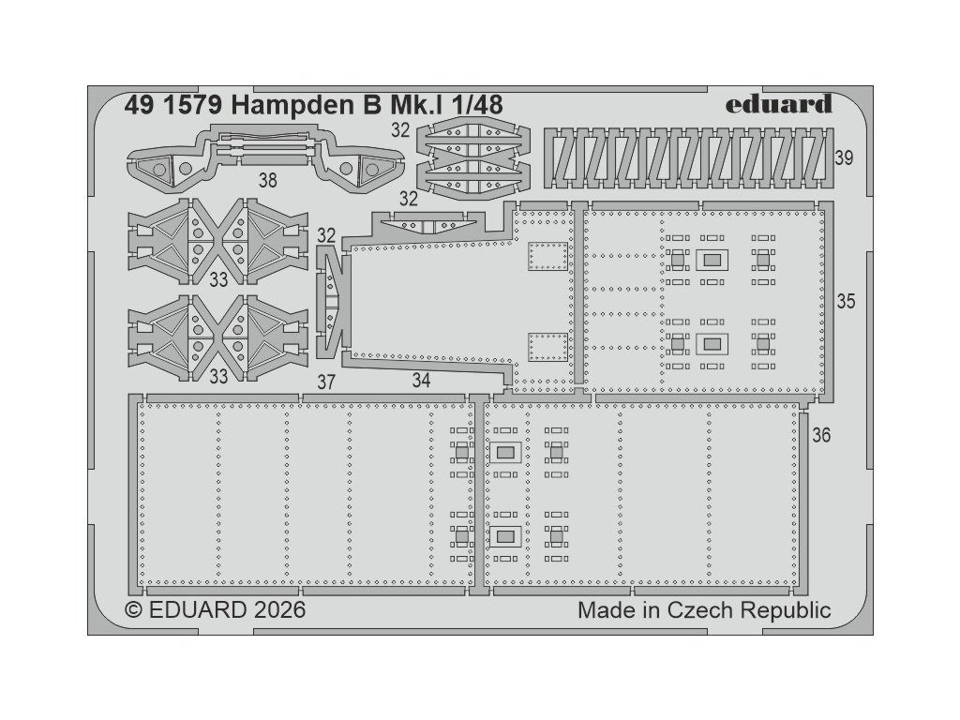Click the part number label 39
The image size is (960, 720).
(x=843, y=158)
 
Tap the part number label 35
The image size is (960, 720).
(x=846, y=302)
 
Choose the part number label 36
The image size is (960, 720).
(x=821, y=436)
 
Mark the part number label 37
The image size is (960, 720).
(x=325, y=382)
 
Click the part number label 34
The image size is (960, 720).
(x=421, y=382)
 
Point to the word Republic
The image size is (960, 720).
(x=787, y=610)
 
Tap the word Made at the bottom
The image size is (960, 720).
(x=604, y=610)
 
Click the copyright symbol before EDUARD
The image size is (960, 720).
(x=134, y=610)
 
